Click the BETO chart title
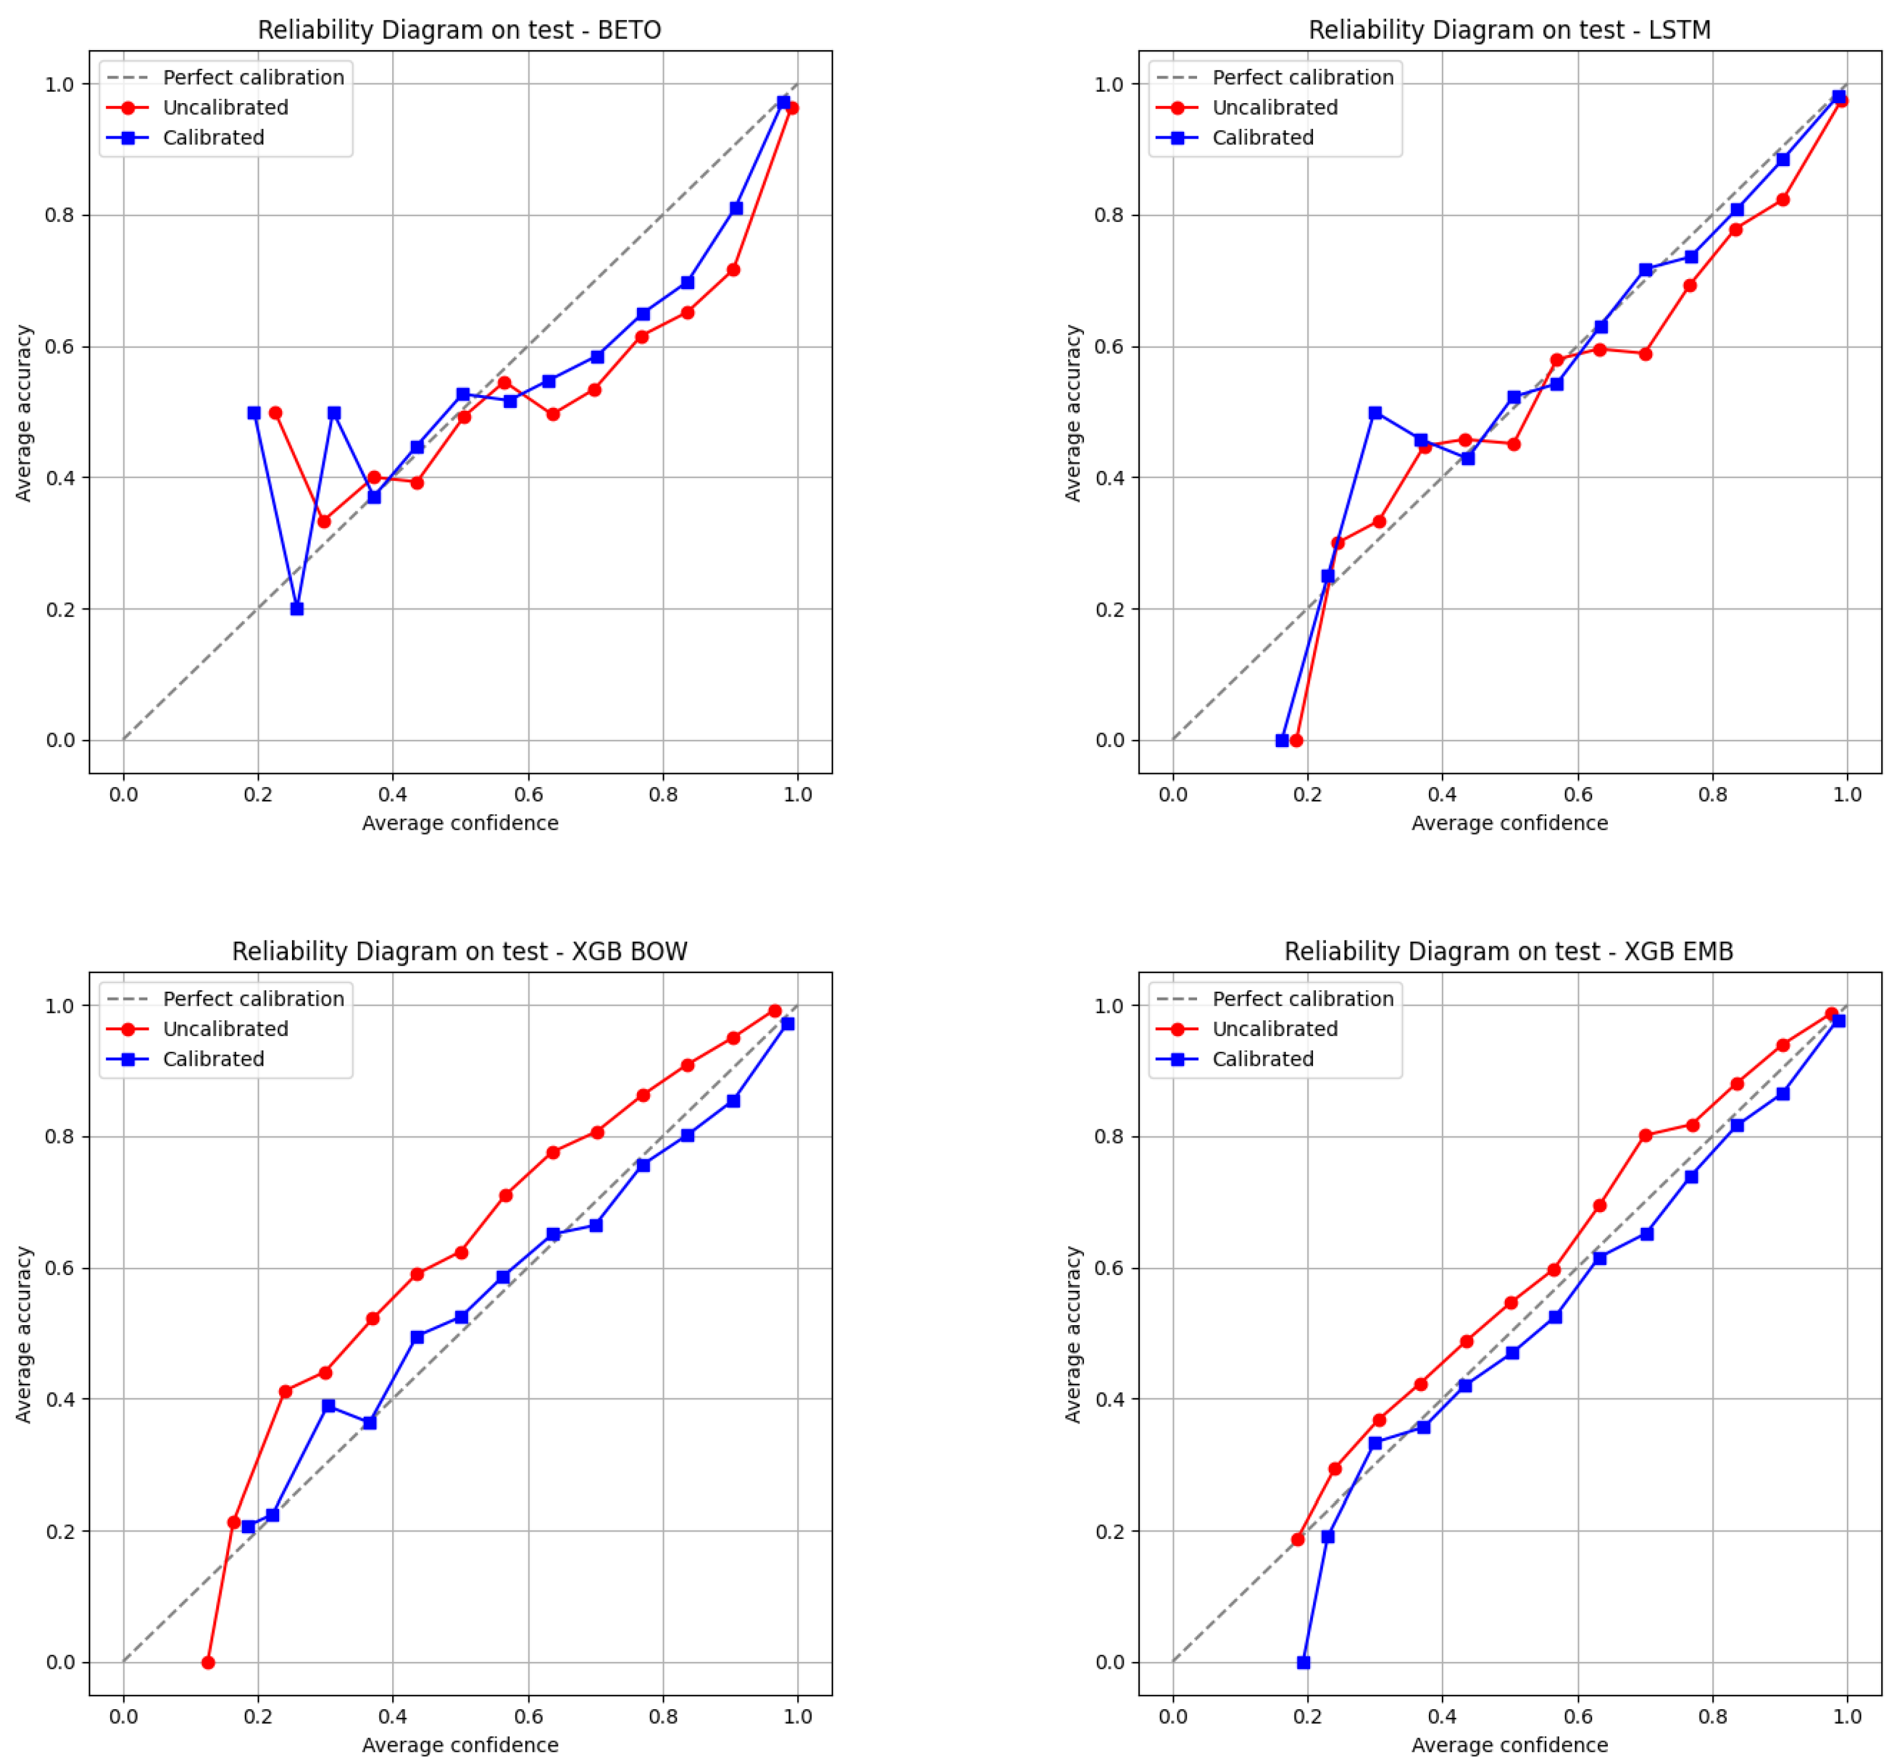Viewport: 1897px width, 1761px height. pos(459,30)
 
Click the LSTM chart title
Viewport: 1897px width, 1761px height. pos(1509,30)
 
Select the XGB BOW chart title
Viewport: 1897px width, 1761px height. pos(459,951)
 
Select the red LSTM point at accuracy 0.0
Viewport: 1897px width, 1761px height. pos(1296,741)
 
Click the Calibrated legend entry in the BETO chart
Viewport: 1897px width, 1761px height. pos(213,137)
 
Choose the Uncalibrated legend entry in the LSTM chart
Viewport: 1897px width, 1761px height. pos(1274,108)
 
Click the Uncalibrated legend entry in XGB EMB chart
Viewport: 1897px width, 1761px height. pos(1274,1029)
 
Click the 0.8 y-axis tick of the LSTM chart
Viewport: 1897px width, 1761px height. pos(1109,216)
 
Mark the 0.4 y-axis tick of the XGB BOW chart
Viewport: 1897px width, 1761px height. pos(60,1399)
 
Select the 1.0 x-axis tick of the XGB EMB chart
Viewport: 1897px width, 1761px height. pos(1846,1716)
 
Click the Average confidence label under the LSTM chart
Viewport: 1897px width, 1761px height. pos(1509,822)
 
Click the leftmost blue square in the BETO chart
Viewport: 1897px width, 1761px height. pos(254,413)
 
